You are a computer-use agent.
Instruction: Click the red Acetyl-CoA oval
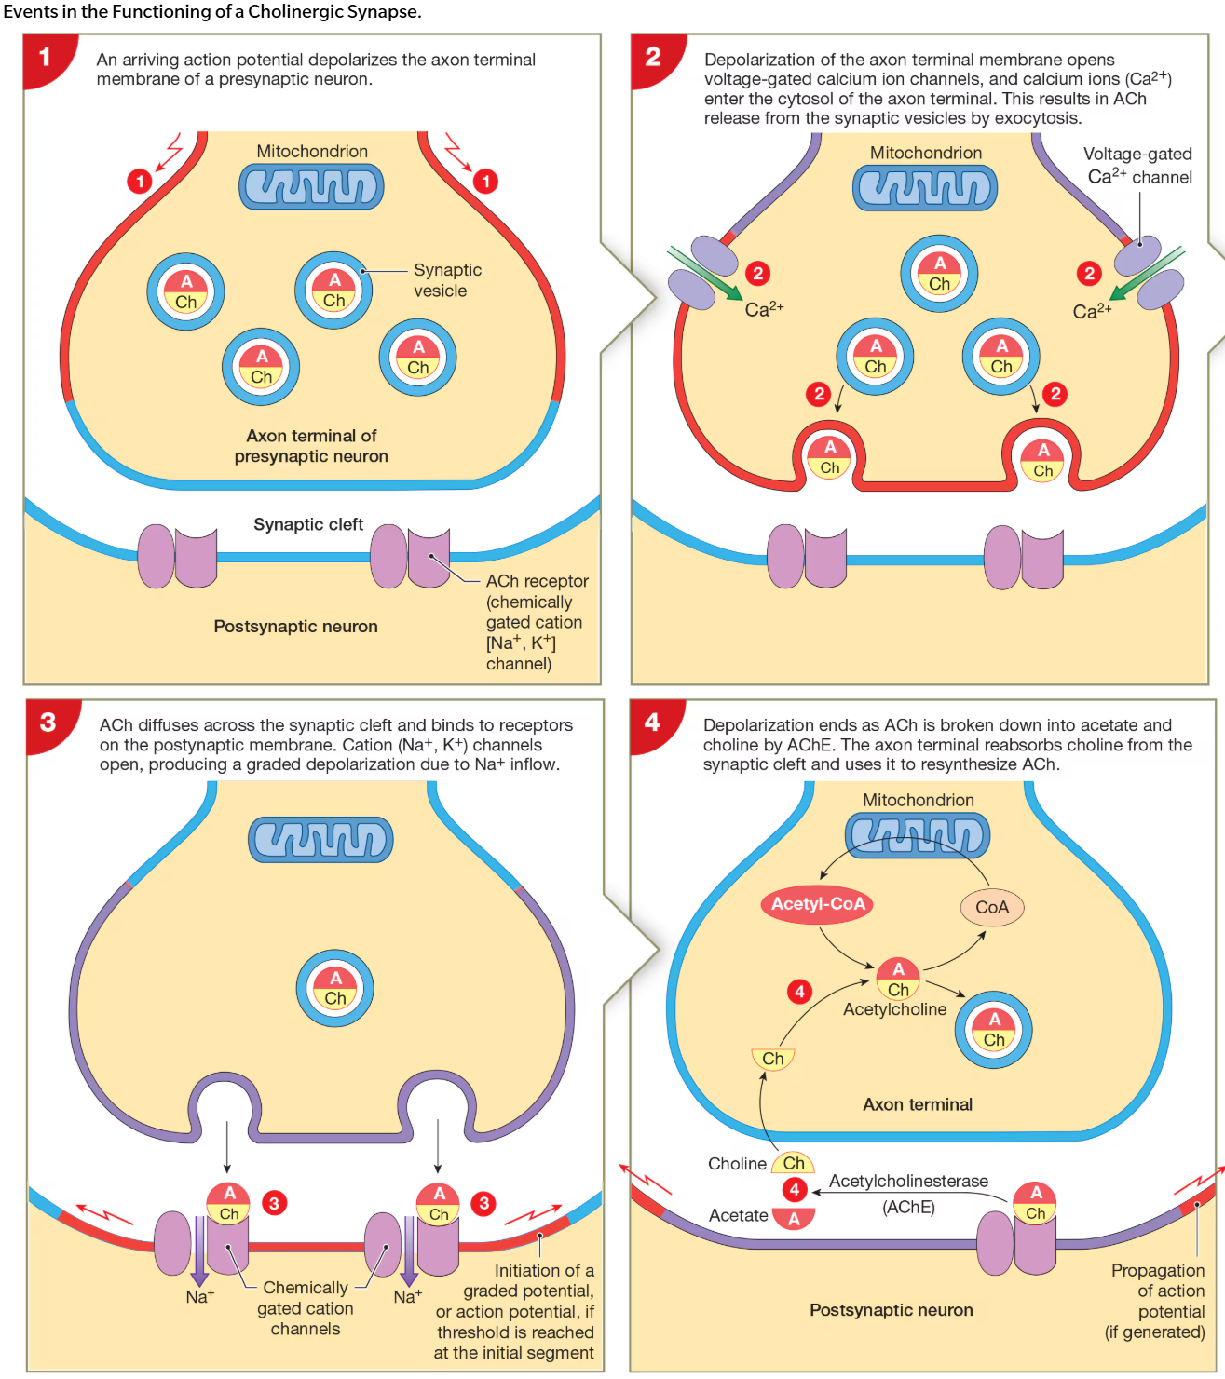click(x=817, y=904)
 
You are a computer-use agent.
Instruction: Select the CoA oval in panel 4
click(x=991, y=908)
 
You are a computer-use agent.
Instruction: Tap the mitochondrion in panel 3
click(x=320, y=840)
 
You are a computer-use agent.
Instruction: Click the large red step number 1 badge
click(x=44, y=58)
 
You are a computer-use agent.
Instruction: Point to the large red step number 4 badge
click(x=652, y=723)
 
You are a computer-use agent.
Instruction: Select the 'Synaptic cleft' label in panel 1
click(x=308, y=524)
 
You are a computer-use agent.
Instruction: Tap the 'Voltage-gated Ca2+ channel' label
click(x=1137, y=166)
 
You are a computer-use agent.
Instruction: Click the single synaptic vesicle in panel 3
click(x=334, y=989)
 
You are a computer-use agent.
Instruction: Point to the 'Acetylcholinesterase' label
click(x=908, y=1181)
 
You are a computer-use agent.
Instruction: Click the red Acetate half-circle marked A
click(x=794, y=1217)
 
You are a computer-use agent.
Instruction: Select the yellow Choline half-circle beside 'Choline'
click(x=794, y=1163)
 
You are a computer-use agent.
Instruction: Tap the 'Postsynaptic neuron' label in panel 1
click(x=295, y=627)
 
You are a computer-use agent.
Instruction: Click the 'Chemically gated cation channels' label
click(x=305, y=1308)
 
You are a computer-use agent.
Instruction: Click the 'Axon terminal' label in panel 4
click(x=917, y=1104)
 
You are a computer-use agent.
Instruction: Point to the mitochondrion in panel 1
click(x=311, y=187)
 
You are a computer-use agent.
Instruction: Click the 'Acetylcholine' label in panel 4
click(x=894, y=1009)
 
